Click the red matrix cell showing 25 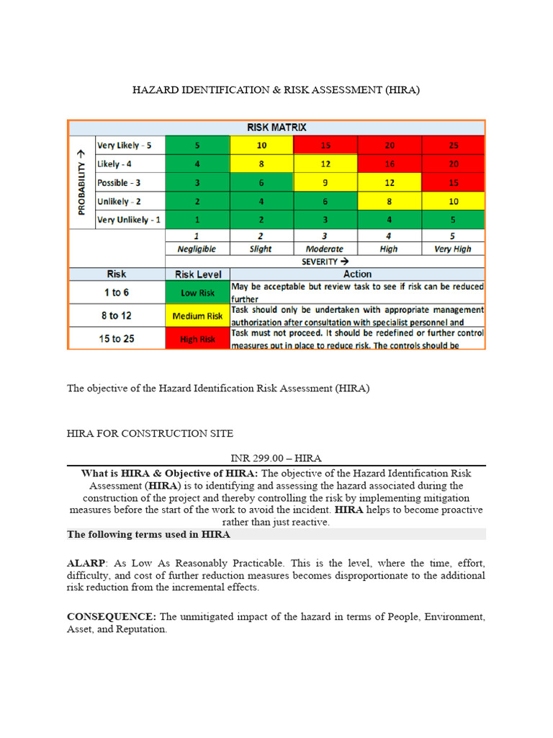click(x=453, y=145)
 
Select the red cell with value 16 click(x=389, y=164)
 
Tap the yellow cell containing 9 click(x=325, y=182)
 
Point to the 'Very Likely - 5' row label click(x=125, y=145)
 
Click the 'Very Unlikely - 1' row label click(x=129, y=220)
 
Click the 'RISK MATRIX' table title click(x=276, y=127)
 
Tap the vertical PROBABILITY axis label click(x=81, y=182)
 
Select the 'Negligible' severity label click(x=197, y=249)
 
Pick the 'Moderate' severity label click(x=325, y=249)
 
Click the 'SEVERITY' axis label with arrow click(x=325, y=262)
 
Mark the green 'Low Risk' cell click(x=197, y=292)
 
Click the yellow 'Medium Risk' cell click(x=197, y=316)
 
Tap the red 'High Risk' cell click(x=197, y=339)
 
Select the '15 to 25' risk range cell click(x=116, y=339)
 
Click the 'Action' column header click(x=357, y=274)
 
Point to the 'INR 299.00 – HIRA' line click(x=276, y=458)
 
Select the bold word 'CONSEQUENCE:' click(x=112, y=617)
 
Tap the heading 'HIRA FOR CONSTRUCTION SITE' click(x=150, y=433)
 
